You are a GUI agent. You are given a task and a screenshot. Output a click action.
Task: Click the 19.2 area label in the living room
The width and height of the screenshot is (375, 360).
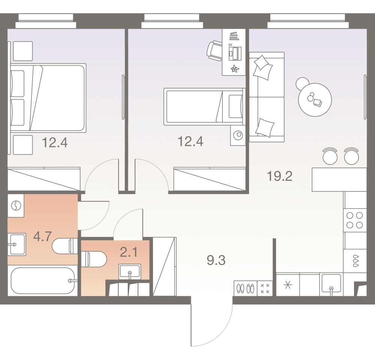tap(279, 176)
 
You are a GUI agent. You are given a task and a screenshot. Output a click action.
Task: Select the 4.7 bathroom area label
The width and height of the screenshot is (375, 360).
tap(42, 237)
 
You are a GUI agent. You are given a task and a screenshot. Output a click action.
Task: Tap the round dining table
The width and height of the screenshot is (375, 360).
tap(315, 100)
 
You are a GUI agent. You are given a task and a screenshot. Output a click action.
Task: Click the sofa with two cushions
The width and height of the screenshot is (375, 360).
tap(266, 97)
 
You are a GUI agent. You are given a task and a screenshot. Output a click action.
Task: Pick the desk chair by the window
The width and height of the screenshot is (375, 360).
tap(214, 50)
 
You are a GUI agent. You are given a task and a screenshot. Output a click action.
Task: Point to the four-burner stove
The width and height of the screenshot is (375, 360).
tap(354, 220)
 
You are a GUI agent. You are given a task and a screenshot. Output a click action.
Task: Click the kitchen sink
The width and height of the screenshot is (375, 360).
tap(331, 285)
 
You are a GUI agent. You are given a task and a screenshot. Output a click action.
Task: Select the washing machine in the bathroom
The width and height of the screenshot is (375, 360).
tap(16, 205)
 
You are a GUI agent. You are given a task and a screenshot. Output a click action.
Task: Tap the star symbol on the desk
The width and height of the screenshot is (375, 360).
tap(234, 68)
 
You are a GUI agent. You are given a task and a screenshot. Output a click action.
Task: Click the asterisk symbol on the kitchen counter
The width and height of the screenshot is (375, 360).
tap(288, 285)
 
